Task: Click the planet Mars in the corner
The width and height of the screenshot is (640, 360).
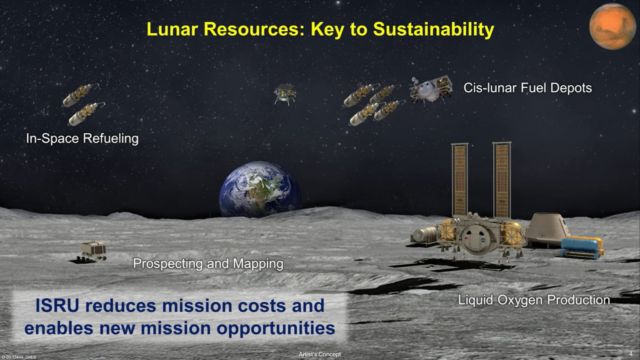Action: (612, 26)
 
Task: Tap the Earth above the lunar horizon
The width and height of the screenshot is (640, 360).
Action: (260, 189)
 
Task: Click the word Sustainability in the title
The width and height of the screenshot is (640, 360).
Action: (434, 30)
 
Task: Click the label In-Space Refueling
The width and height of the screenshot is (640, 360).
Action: (82, 139)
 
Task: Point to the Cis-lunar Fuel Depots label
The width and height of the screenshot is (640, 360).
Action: (527, 88)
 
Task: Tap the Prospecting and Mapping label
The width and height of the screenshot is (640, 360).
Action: (208, 264)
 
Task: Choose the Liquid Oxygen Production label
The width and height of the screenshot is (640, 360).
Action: (534, 300)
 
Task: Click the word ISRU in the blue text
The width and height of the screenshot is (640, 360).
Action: (57, 306)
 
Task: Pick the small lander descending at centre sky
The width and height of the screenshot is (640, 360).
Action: (285, 94)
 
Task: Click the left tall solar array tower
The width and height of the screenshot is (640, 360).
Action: (460, 180)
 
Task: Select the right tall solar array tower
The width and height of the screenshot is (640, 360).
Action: (502, 180)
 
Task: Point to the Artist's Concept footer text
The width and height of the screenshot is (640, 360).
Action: (320, 354)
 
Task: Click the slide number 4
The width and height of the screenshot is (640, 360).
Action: (631, 354)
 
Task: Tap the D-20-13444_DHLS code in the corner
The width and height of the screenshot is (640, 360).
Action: (19, 357)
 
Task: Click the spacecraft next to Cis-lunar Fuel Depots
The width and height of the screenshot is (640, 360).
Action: (431, 89)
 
